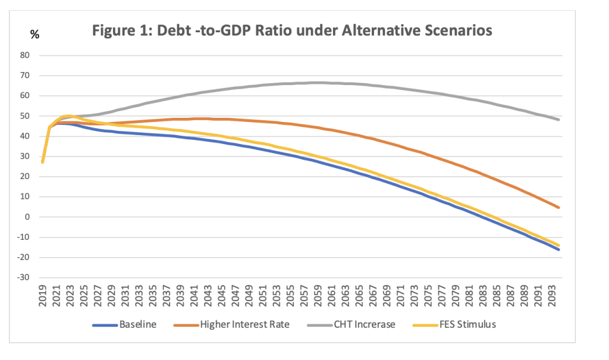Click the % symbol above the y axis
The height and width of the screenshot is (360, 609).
click(x=34, y=35)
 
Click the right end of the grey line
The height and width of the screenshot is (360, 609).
click(x=558, y=120)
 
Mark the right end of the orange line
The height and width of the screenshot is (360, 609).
click(x=558, y=207)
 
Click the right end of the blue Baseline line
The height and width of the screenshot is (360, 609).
click(x=558, y=249)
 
